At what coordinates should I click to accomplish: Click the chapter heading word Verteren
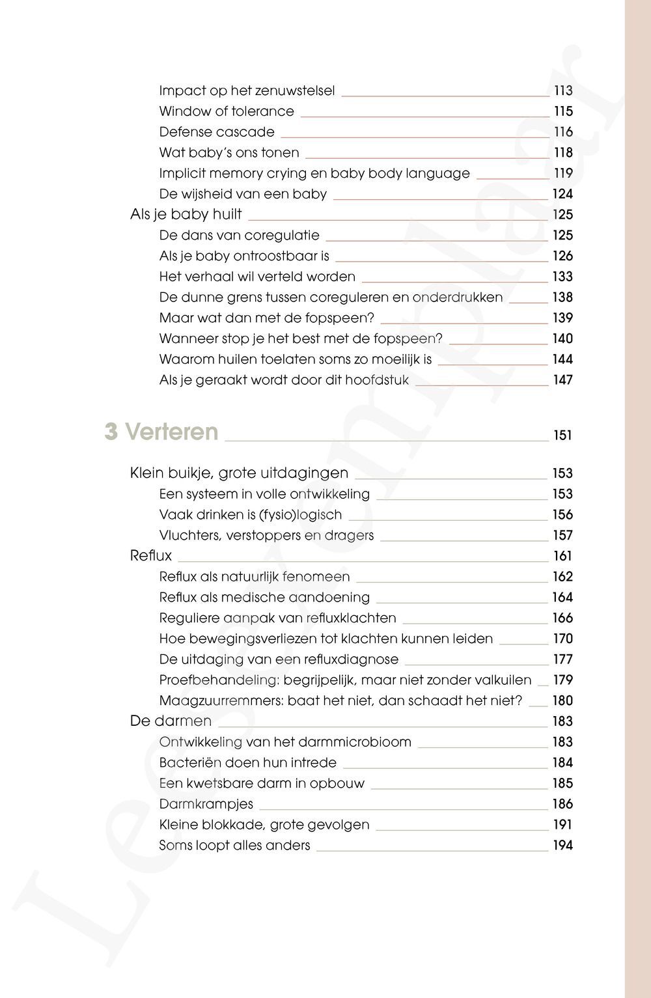(x=171, y=432)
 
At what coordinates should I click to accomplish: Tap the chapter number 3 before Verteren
(x=111, y=432)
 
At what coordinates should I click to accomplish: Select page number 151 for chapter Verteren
(x=562, y=436)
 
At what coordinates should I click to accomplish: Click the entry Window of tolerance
(x=227, y=111)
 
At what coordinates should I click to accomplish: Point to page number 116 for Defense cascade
(x=563, y=132)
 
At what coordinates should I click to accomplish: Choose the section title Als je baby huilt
(x=186, y=214)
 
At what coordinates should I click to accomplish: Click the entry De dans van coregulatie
(x=240, y=235)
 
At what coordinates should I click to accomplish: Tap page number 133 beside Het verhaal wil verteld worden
(x=562, y=277)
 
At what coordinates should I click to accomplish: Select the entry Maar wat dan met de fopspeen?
(x=267, y=318)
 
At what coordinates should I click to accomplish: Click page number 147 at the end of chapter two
(x=562, y=380)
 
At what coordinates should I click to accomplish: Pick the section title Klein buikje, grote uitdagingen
(x=240, y=473)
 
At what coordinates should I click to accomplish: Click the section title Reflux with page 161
(x=151, y=555)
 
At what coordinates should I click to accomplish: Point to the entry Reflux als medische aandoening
(x=264, y=597)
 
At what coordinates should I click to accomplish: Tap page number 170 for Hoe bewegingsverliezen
(x=562, y=639)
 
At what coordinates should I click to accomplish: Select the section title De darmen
(x=171, y=721)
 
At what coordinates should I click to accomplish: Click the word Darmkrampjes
(x=206, y=804)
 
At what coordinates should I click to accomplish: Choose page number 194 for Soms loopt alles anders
(x=562, y=846)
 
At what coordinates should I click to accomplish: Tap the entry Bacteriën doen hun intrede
(x=248, y=762)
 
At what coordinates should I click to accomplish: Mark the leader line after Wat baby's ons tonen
(x=427, y=158)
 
